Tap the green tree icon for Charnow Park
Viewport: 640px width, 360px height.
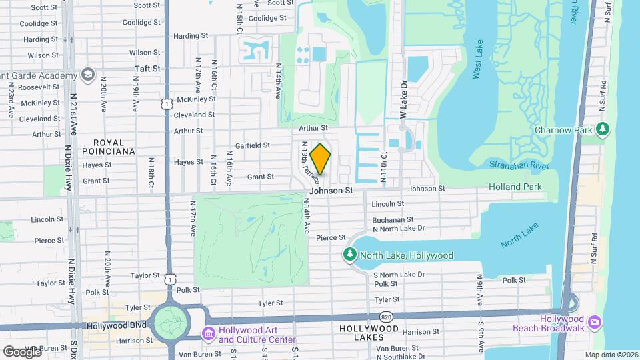[603, 128]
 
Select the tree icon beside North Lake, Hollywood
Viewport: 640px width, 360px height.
[349, 255]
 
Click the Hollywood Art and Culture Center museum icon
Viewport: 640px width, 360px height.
[208, 333]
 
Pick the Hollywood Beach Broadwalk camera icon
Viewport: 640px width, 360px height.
[594, 323]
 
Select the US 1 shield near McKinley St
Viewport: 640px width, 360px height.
[167, 103]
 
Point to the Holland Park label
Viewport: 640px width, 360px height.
[515, 187]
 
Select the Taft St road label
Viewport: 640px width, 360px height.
[147, 69]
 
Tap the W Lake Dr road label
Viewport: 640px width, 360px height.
[403, 101]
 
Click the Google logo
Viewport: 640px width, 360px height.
[22, 351]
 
